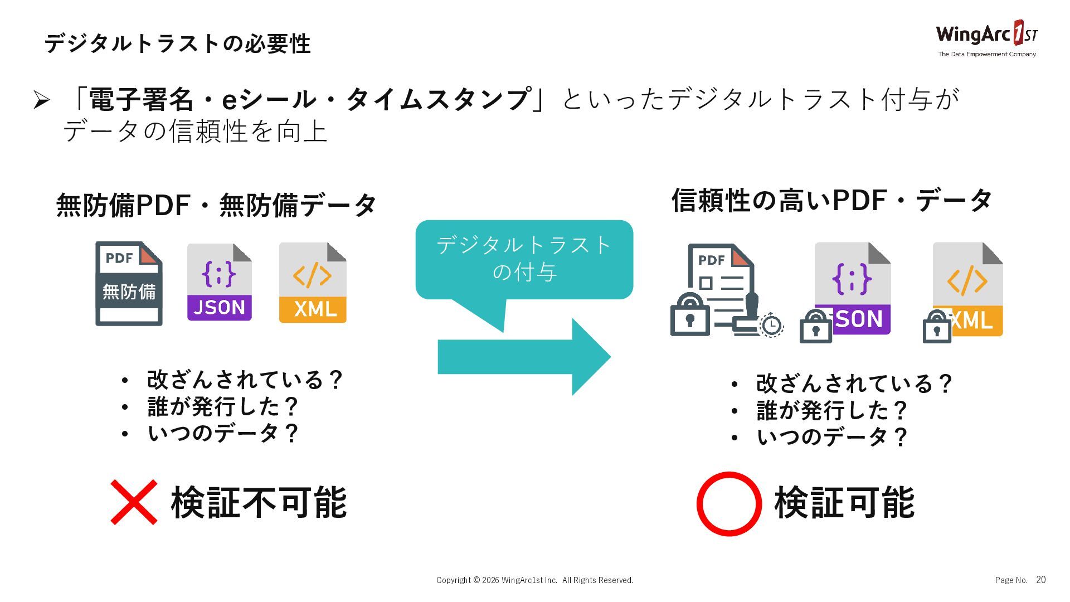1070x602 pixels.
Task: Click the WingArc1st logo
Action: coord(986,38)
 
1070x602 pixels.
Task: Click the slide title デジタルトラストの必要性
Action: coord(177,43)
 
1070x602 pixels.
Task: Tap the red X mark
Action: coord(134,502)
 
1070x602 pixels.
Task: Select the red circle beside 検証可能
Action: coord(729,504)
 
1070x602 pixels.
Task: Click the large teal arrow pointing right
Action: coord(524,357)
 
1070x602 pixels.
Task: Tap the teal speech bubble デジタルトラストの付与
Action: coord(524,259)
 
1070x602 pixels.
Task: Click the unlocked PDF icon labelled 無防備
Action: coord(129,284)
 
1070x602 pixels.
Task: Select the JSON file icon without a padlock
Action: coord(219,282)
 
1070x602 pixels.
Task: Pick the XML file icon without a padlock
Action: coord(313,283)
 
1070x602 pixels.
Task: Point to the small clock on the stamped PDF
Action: coord(772,325)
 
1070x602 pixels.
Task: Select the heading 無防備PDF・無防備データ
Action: coord(216,205)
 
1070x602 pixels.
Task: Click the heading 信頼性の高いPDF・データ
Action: coord(831,200)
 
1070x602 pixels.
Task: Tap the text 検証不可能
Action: coord(259,502)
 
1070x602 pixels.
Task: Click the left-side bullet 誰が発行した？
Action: coord(223,407)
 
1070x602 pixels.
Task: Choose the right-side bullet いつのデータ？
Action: coord(832,436)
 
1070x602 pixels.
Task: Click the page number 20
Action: coord(1040,580)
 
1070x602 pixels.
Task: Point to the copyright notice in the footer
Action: coord(534,580)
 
